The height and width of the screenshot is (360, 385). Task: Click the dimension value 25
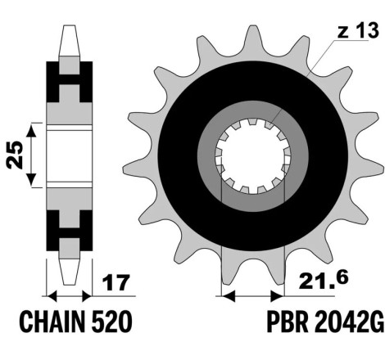tap(15, 155)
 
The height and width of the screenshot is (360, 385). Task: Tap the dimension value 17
tap(115, 282)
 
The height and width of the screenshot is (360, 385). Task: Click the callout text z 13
tap(358, 30)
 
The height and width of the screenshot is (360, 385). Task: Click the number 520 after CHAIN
tap(112, 322)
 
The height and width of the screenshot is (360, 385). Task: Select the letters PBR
tap(288, 322)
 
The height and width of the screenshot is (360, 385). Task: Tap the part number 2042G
tap(349, 322)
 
